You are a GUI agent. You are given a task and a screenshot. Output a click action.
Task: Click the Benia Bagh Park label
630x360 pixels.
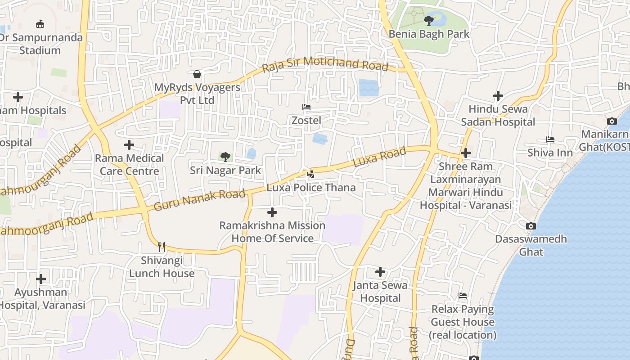coord(429,34)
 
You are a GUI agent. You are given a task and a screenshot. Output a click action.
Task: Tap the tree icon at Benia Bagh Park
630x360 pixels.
coord(429,20)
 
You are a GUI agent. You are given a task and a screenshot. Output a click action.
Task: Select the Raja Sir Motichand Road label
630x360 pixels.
coord(324,64)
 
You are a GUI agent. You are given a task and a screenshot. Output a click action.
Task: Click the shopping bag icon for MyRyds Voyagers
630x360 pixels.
coord(197,74)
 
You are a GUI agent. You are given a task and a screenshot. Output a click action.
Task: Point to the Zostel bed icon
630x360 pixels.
coord(306,107)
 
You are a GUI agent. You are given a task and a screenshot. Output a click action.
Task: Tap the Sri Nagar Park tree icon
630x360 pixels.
coord(225,157)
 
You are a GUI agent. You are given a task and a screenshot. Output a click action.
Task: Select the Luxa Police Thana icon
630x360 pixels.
coord(310,174)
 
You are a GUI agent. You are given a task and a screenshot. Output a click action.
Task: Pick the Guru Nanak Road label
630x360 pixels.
coord(200,200)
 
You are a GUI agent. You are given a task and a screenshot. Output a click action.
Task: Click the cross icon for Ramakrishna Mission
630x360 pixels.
coord(272,212)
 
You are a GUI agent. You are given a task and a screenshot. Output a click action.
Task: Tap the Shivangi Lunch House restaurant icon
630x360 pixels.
coord(162,247)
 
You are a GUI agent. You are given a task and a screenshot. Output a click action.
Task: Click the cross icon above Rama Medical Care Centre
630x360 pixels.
coord(129,145)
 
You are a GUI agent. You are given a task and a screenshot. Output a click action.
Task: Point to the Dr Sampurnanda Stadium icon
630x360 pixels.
coord(40,24)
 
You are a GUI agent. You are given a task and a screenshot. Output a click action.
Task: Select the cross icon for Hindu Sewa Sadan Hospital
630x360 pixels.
coord(498,96)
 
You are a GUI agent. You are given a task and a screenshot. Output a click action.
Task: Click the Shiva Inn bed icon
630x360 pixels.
coord(550,139)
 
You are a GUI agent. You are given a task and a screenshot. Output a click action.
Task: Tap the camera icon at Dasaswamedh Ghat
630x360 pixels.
coord(531,226)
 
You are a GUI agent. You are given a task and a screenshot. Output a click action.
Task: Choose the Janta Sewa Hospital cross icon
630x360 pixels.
coord(380,272)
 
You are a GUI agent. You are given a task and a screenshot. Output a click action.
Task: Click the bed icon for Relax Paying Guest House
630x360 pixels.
coord(463,296)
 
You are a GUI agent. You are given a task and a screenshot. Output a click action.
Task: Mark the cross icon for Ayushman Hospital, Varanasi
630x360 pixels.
coord(41,279)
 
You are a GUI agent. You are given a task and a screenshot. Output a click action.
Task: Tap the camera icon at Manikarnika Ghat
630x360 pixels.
coord(612,121)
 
